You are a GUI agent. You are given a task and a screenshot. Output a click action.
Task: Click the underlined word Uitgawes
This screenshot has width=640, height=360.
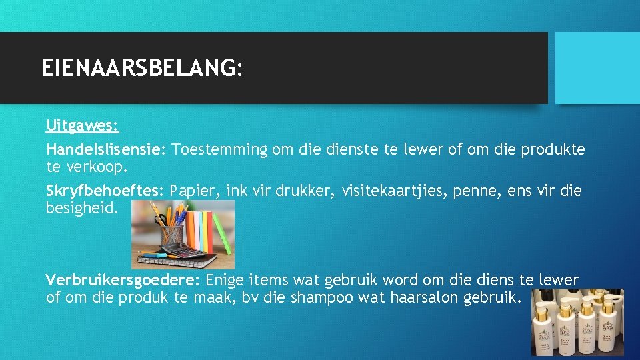[82, 125]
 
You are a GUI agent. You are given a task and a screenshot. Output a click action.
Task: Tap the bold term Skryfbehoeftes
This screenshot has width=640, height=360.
[104, 191]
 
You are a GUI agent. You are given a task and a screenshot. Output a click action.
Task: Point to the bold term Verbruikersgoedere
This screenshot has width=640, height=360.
[123, 280]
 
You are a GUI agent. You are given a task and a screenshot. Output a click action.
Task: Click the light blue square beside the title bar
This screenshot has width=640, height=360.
[597, 68]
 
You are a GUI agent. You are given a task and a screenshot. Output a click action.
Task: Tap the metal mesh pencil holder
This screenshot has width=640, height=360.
[171, 233]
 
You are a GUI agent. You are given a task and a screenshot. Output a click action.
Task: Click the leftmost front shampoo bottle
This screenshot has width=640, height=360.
[543, 330]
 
